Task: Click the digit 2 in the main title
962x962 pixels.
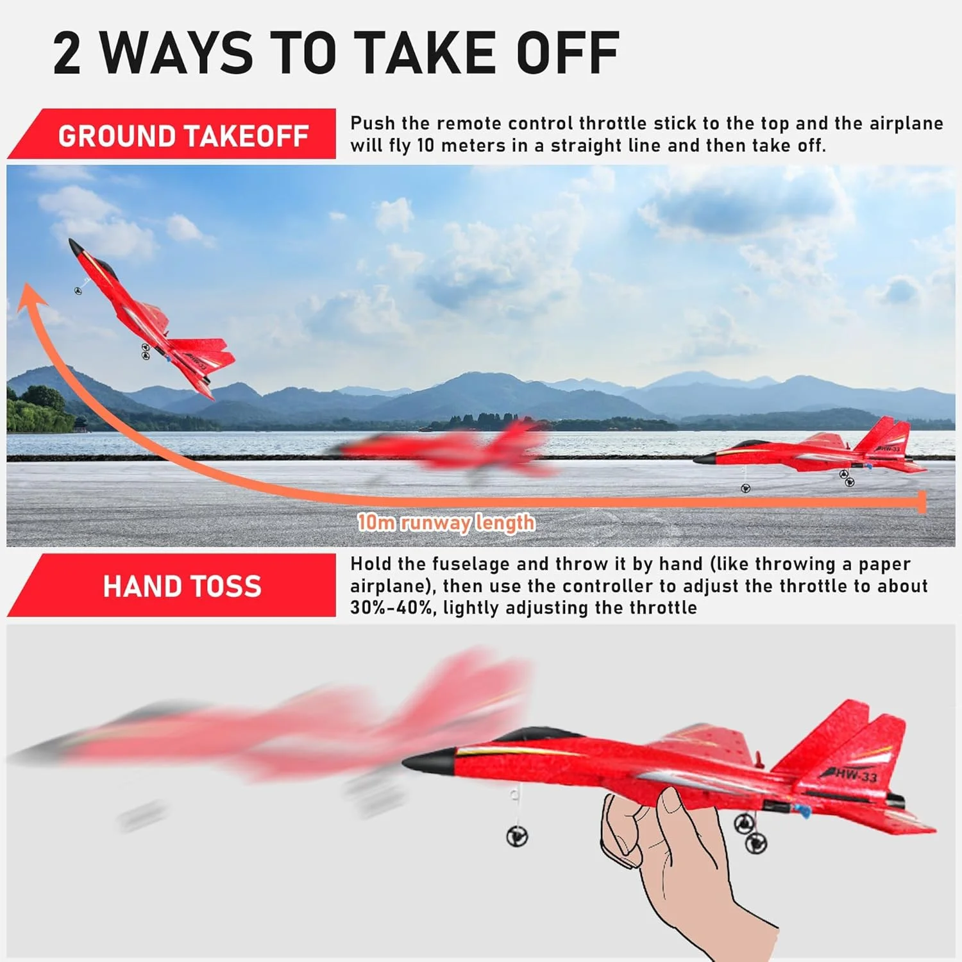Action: (x=67, y=53)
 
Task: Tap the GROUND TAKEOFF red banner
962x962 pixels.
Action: (x=172, y=133)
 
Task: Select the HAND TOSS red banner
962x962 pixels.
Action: (x=172, y=586)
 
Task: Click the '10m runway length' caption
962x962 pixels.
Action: (x=446, y=523)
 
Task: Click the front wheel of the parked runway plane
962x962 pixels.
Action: (x=745, y=489)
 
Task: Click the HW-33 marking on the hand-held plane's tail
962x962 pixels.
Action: (x=850, y=774)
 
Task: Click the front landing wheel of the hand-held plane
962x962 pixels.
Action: (x=517, y=836)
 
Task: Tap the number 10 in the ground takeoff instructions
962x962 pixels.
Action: (x=426, y=146)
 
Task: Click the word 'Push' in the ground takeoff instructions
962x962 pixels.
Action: (x=373, y=123)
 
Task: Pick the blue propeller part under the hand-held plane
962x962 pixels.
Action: (x=804, y=811)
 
